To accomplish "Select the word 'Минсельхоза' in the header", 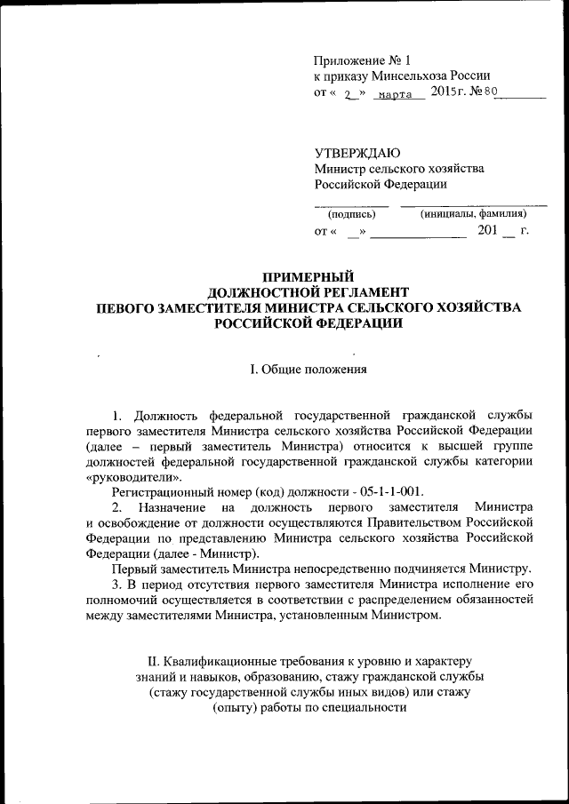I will pyautogui.click(x=410, y=76).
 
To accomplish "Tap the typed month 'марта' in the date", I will pyautogui.click(x=395, y=95).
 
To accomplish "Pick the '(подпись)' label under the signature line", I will pyautogui.click(x=351, y=214).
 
